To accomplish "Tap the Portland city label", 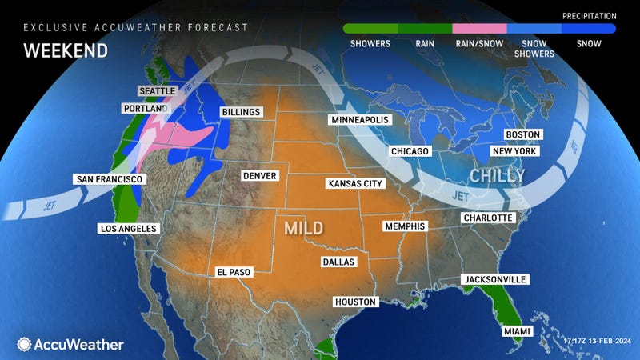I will [146, 108].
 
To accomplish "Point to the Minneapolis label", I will [358, 119].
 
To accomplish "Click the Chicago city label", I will [410, 150].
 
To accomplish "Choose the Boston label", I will [523, 134].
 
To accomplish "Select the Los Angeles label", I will [128, 228].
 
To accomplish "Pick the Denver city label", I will [259, 175].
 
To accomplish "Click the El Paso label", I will [234, 272].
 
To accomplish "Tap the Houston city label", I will [355, 302].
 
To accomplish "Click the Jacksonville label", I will [494, 278].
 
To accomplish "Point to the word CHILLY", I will [496, 174].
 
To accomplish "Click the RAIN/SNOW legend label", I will [478, 42].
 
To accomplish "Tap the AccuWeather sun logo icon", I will [24, 344].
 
